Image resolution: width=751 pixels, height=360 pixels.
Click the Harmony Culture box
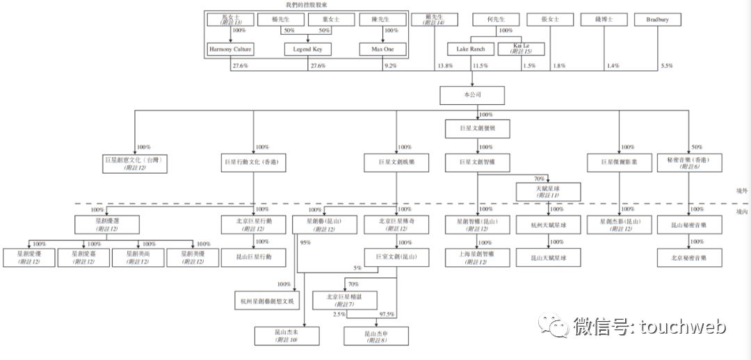[230, 49]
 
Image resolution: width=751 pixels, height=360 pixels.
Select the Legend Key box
[307, 49]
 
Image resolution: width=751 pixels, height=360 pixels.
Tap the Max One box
[382, 49]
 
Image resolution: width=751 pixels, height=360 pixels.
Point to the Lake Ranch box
[471, 49]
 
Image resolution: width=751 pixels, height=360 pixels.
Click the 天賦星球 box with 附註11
[548, 191]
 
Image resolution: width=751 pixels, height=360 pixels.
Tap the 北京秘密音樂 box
[688, 257]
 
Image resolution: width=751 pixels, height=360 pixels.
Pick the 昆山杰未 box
[286, 336]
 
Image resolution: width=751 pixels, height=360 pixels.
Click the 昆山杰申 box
[376, 336]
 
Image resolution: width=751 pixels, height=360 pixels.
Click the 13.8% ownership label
[444, 66]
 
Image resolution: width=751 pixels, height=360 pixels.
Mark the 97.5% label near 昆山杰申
[386, 314]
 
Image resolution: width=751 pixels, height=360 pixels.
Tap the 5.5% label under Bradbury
[666, 66]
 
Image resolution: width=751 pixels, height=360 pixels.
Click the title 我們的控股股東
[305, 5]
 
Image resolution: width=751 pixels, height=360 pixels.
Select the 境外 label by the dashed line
[741, 190]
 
